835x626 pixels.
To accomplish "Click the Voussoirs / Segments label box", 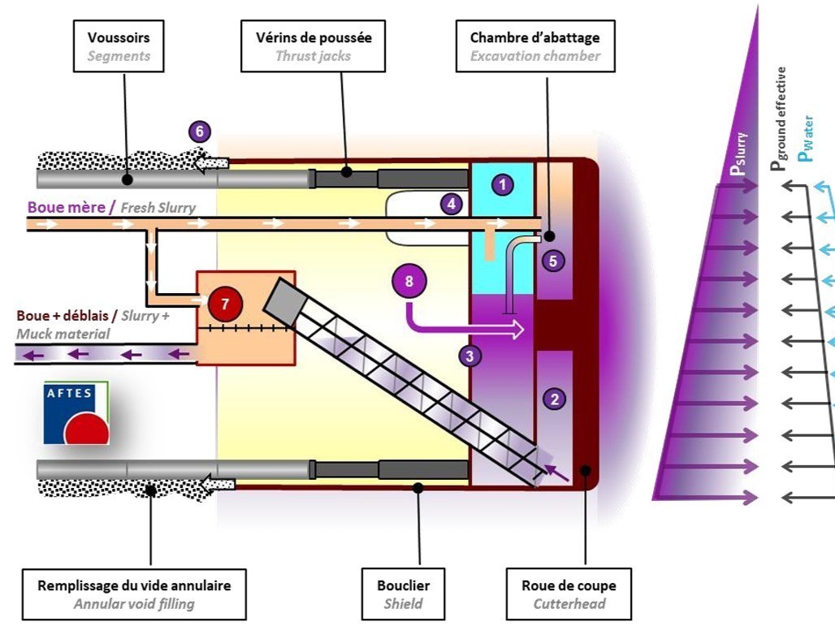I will (x=119, y=46).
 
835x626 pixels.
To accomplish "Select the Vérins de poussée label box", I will (x=313, y=46).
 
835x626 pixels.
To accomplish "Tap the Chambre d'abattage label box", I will (x=534, y=46).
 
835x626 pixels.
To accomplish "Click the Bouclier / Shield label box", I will (x=404, y=594).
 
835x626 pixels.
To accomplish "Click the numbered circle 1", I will (x=503, y=185).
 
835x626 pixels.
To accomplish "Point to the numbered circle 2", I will (x=555, y=398).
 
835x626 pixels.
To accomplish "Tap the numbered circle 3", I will (x=469, y=355).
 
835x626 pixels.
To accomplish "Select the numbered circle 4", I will (x=452, y=204).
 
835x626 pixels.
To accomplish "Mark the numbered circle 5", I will (x=554, y=261).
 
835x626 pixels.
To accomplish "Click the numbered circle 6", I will (x=200, y=132).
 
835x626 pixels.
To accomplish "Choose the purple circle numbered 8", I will (x=409, y=281).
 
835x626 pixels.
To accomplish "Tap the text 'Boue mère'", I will (x=67, y=207).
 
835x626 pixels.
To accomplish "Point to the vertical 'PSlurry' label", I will (x=739, y=155).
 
